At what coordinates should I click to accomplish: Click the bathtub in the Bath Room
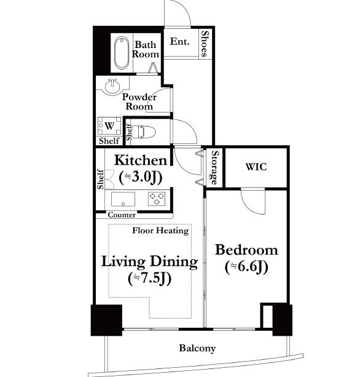(x=122, y=53)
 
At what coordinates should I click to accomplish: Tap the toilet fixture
(x=144, y=132)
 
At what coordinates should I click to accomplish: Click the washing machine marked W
(x=109, y=125)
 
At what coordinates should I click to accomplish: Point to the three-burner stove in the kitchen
(x=157, y=199)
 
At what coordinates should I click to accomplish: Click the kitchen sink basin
(x=123, y=199)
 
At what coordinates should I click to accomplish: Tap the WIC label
(x=256, y=167)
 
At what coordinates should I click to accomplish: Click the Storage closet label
(x=214, y=167)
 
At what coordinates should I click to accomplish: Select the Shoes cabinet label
(x=205, y=44)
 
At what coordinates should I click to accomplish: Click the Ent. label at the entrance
(x=179, y=42)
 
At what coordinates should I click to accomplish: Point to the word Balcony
(x=197, y=348)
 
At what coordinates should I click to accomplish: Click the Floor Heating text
(x=160, y=231)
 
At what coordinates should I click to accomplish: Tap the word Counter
(x=122, y=215)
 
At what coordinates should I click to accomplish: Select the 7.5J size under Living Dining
(x=150, y=279)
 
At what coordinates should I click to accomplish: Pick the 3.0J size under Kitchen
(x=141, y=177)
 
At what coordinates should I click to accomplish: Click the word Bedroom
(x=246, y=250)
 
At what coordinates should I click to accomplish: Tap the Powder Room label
(x=139, y=101)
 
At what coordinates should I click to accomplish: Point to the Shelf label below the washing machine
(x=109, y=141)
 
